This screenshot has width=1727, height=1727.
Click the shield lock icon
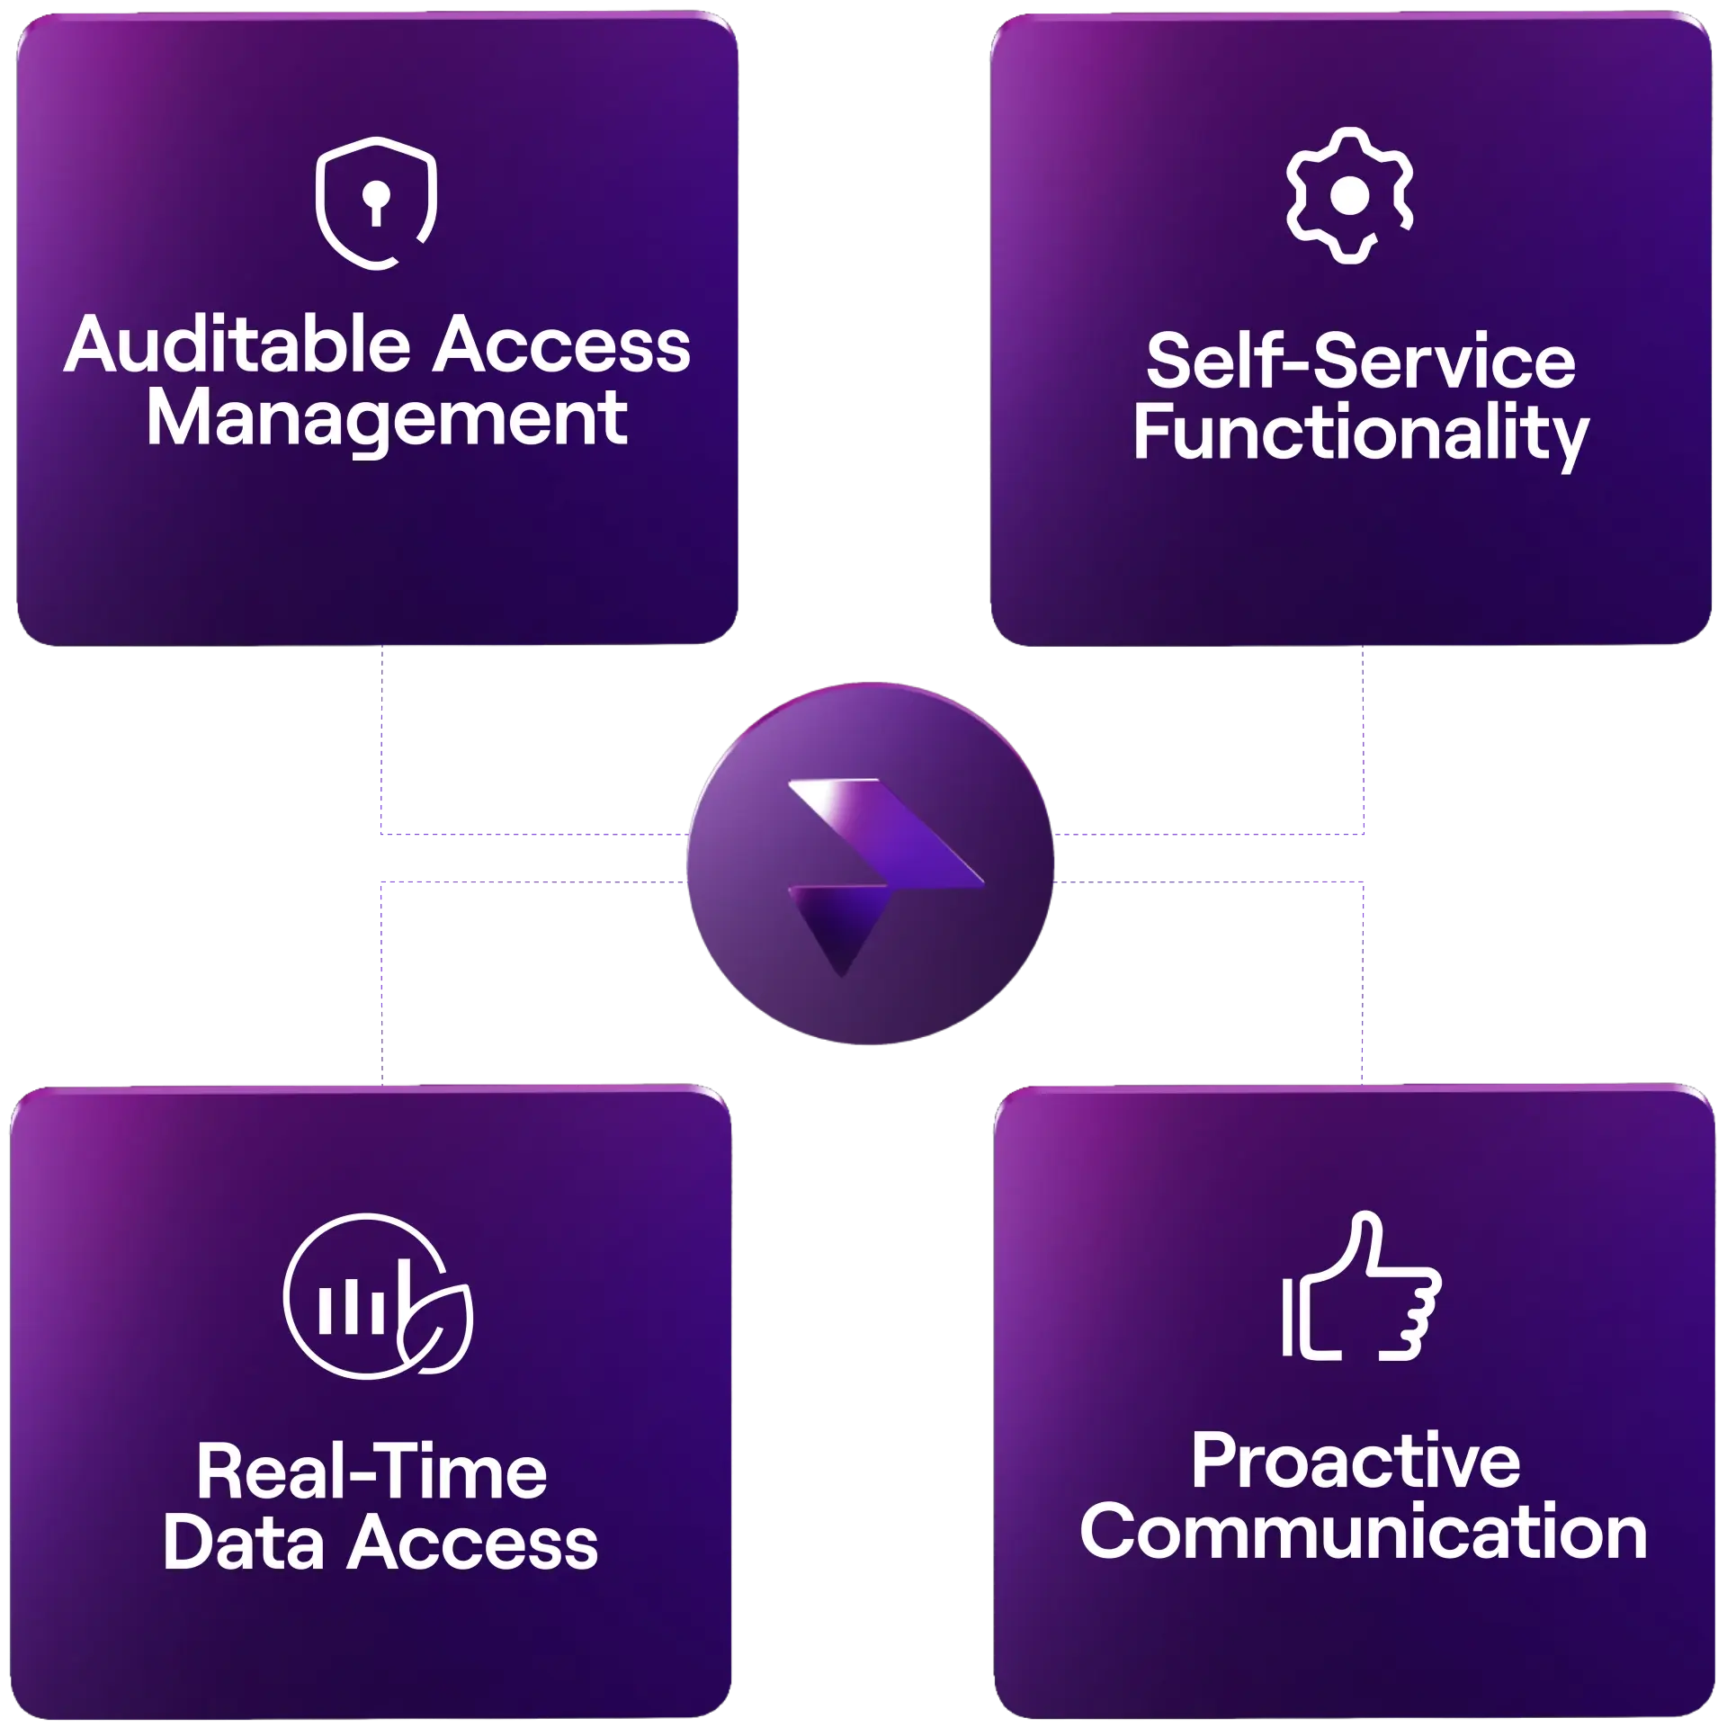(376, 203)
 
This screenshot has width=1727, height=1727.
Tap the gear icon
(1349, 196)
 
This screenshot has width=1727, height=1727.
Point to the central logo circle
(869, 863)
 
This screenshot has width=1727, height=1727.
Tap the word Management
(387, 419)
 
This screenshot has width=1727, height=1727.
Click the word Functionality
(1360, 435)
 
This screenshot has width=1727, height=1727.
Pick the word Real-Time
(371, 1472)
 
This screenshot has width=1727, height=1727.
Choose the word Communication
(1363, 1533)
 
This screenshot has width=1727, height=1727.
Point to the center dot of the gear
(1349, 196)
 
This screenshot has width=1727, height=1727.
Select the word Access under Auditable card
(561, 346)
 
